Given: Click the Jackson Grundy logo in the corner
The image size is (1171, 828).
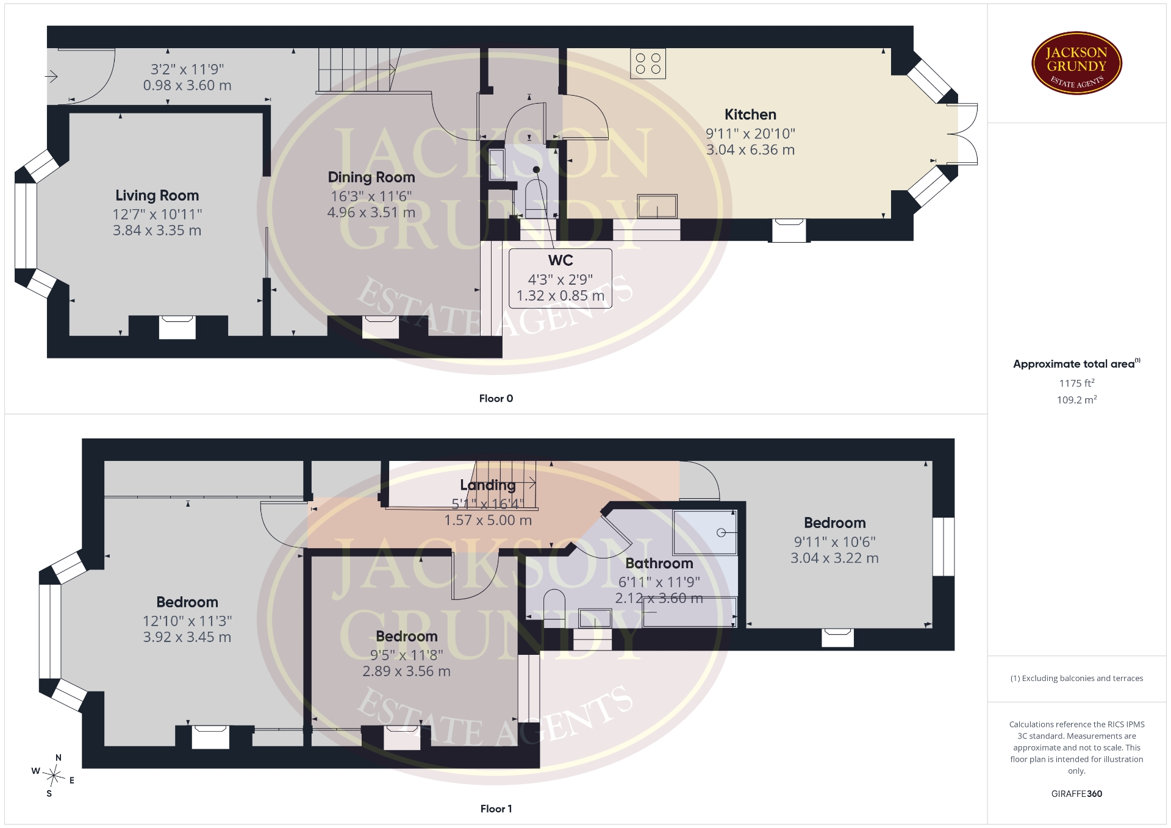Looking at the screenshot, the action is tap(1076, 63).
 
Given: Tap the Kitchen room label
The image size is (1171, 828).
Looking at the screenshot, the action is tap(750, 115).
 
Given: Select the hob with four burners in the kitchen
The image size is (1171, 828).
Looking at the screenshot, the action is tap(648, 63).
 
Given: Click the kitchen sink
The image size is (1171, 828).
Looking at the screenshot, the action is tap(657, 206).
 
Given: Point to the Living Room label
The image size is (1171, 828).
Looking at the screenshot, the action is tap(157, 196).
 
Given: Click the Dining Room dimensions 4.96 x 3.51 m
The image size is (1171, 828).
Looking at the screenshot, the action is tap(371, 212).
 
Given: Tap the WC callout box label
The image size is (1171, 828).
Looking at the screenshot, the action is tap(560, 260).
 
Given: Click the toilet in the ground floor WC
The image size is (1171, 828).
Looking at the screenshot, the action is tap(536, 198).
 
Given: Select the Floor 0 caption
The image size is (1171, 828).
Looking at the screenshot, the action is tap(496, 398).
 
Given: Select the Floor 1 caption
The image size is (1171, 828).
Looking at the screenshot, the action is tap(496, 808).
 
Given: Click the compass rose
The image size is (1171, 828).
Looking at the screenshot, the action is tap(54, 776).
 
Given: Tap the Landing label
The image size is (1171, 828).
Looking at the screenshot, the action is tap(487, 485).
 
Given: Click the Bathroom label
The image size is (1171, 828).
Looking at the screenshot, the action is tap(659, 563).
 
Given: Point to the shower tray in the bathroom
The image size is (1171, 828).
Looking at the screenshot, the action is tap(705, 532).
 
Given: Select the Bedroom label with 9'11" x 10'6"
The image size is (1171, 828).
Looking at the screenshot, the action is tap(834, 523).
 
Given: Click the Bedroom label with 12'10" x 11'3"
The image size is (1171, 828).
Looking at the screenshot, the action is tap(187, 602).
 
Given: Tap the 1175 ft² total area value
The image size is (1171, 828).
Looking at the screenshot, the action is tap(1076, 383).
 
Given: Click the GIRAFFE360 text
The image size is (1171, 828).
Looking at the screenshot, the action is tap(1076, 794).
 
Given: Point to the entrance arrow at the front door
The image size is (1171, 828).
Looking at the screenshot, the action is tap(51, 77).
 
